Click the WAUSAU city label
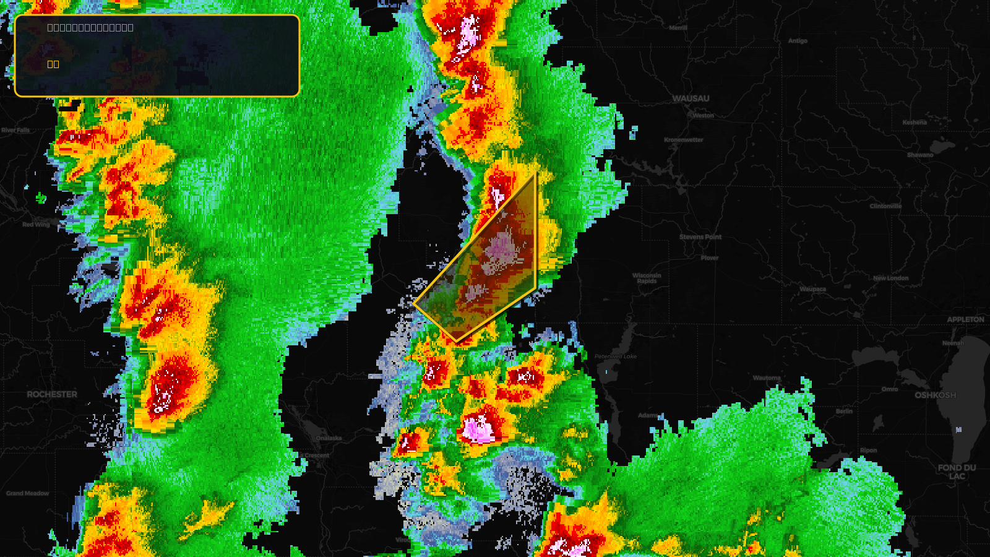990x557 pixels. point(691,98)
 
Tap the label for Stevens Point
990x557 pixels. point(700,237)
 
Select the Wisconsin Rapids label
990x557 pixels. point(647,278)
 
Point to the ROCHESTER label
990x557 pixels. point(52,394)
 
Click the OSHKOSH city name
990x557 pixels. point(935,395)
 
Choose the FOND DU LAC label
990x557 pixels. point(957,472)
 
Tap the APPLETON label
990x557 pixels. point(965,319)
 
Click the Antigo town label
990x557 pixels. point(798,41)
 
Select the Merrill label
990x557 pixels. point(678,28)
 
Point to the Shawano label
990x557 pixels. point(920,155)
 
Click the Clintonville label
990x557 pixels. point(885,206)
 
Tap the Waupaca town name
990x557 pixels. point(812,289)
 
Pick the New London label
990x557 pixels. point(890,278)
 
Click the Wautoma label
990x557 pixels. point(767,378)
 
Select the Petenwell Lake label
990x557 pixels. point(616,356)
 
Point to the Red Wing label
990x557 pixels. point(36,225)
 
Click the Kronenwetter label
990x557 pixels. point(683,140)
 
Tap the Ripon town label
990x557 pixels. point(868,450)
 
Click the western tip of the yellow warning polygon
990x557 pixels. point(413,303)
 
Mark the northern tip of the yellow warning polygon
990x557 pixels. point(535,173)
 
